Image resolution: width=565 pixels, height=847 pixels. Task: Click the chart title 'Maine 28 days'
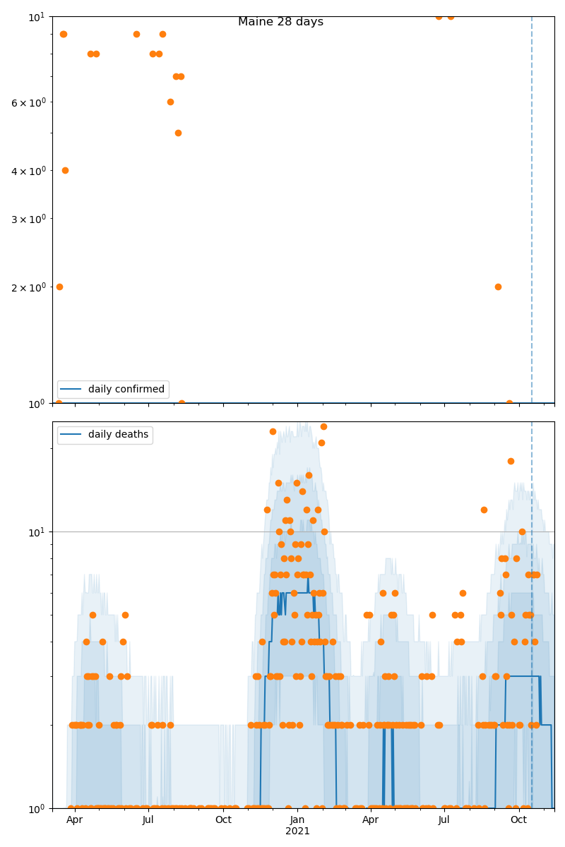[x=280, y=22]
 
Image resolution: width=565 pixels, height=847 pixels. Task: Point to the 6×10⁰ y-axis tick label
[x=28, y=102]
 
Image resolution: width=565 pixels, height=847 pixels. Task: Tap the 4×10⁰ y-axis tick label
[x=28, y=171]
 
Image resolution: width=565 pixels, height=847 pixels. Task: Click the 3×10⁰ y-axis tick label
[x=28, y=219]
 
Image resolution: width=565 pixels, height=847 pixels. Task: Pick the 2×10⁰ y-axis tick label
[x=28, y=287]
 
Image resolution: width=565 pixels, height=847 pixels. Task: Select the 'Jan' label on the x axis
[x=297, y=819]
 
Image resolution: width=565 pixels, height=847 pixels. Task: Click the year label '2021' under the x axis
[x=297, y=831]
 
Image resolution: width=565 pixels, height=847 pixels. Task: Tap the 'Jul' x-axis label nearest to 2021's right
[x=444, y=819]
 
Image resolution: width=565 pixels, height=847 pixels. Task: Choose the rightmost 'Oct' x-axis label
[x=519, y=819]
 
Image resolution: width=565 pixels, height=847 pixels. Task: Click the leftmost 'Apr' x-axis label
[x=74, y=819]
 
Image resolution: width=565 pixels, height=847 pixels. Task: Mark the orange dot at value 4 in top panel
[x=65, y=170]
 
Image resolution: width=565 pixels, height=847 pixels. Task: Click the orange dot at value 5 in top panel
[x=178, y=133]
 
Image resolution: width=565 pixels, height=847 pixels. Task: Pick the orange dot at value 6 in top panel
[x=170, y=102]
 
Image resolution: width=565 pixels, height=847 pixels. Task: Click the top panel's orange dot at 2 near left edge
[x=59, y=287]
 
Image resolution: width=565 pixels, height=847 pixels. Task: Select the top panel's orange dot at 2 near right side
[x=498, y=287]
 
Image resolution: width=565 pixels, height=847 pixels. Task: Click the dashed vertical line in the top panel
[x=532, y=212]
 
